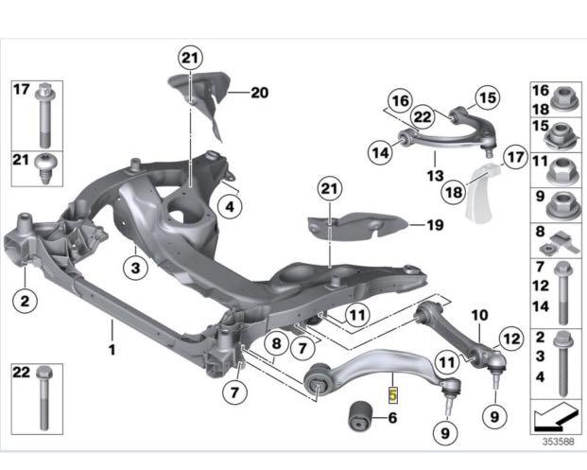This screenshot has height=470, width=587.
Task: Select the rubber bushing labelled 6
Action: tap(360, 414)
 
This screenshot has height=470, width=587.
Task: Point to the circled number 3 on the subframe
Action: tap(136, 270)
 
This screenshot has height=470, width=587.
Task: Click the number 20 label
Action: tap(260, 93)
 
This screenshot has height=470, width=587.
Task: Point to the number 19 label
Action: tap(434, 226)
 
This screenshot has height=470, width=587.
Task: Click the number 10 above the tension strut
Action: tap(478, 314)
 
